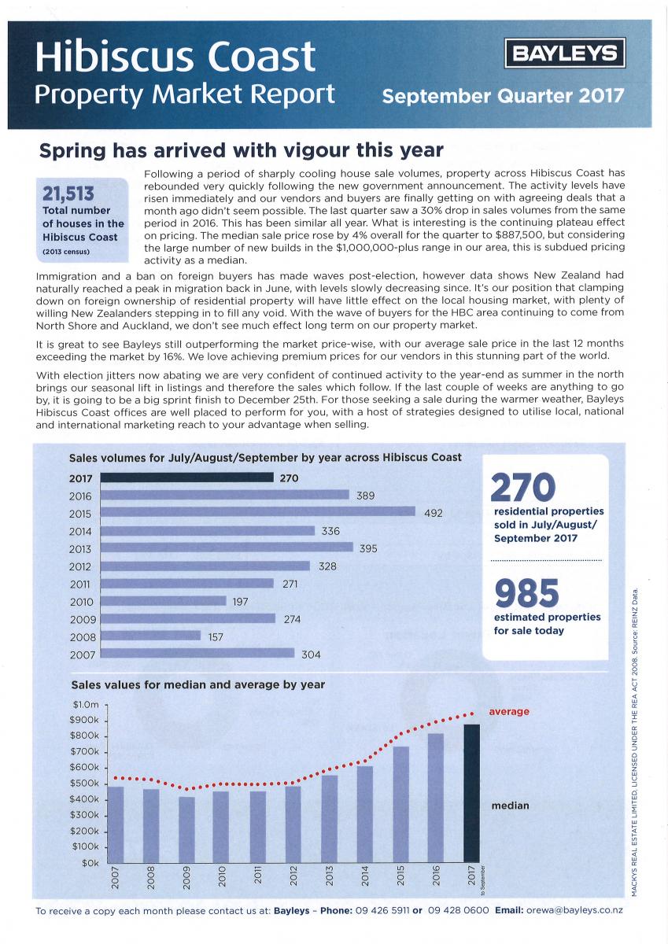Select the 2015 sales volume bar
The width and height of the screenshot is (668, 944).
pyautogui.click(x=258, y=512)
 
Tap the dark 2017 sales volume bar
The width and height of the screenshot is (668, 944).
pyautogui.click(x=187, y=478)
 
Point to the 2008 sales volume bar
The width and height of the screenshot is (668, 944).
pyautogui.click(x=151, y=636)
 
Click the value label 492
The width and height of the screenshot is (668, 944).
pyautogui.click(x=434, y=513)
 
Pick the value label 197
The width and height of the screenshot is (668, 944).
pyautogui.click(x=241, y=601)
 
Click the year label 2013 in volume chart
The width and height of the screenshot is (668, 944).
pyautogui.click(x=80, y=549)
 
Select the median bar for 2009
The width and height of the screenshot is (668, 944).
pyautogui.click(x=186, y=830)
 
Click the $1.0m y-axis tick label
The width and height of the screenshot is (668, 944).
pyautogui.click(x=86, y=705)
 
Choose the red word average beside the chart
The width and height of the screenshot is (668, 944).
pyautogui.click(x=509, y=712)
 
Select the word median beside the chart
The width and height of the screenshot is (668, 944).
pyautogui.click(x=510, y=806)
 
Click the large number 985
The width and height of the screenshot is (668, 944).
pyautogui.click(x=527, y=594)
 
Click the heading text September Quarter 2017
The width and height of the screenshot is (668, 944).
pyautogui.click(x=503, y=97)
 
